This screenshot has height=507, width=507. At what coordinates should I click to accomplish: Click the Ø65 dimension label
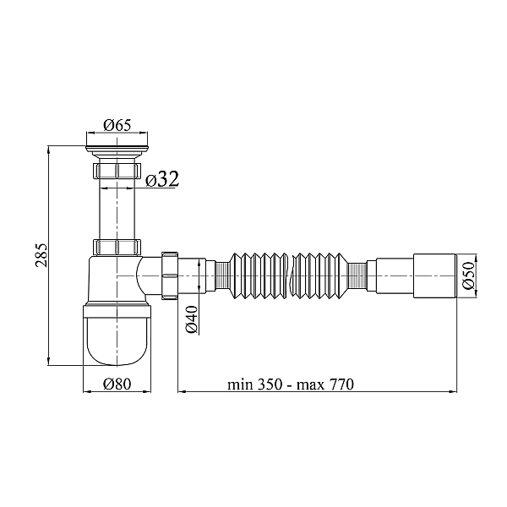coord(117,125)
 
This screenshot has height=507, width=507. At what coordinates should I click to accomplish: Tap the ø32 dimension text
coord(162,179)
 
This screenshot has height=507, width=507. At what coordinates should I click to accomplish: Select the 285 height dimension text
coord(41,255)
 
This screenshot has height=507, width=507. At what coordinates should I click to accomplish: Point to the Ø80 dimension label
coord(117,384)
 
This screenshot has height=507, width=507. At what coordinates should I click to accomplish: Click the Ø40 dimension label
coord(192,319)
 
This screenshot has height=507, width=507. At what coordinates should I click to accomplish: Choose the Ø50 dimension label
coord(468,275)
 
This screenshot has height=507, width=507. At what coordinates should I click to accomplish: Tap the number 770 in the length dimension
coord(341,384)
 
